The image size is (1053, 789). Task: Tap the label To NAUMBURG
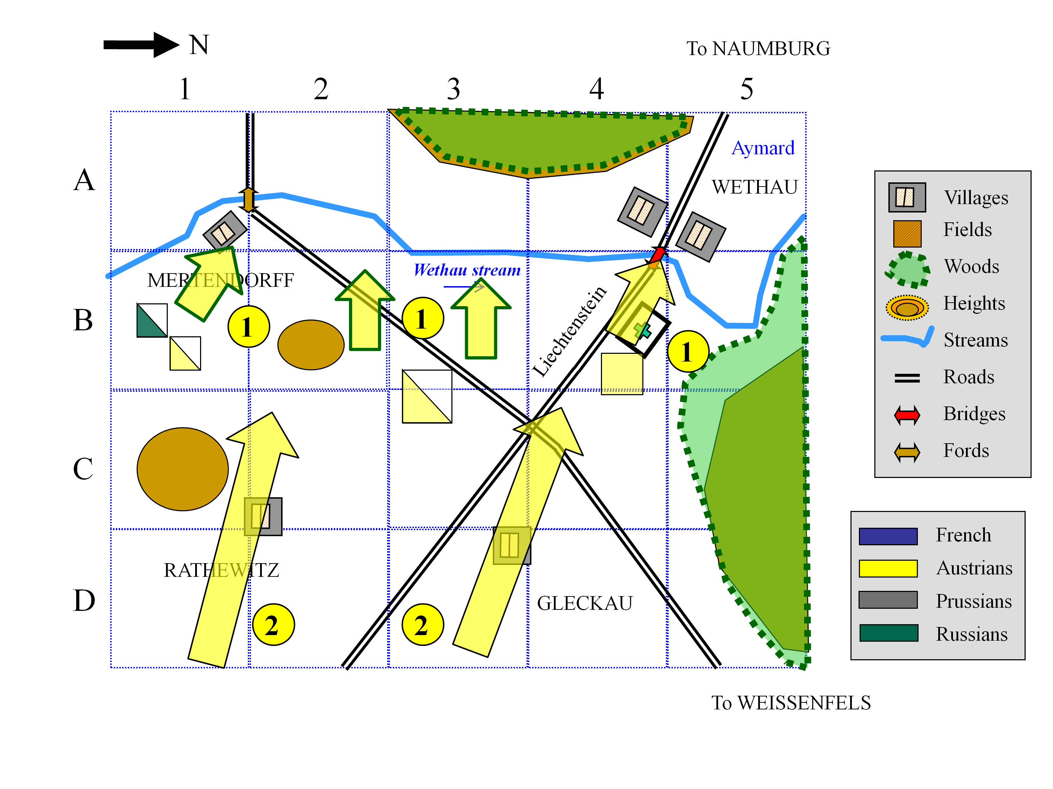point(758,48)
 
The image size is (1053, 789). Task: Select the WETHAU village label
point(755,187)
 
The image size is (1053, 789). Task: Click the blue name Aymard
point(763,148)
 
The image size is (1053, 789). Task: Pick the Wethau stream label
point(467,270)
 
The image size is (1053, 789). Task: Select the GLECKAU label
point(584,603)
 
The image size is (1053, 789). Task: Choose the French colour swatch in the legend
point(888,536)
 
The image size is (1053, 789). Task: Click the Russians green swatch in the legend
point(888,633)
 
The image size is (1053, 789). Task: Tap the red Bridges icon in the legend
point(907,415)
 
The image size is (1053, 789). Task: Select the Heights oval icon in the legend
point(907,308)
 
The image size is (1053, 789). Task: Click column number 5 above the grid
point(747,89)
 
